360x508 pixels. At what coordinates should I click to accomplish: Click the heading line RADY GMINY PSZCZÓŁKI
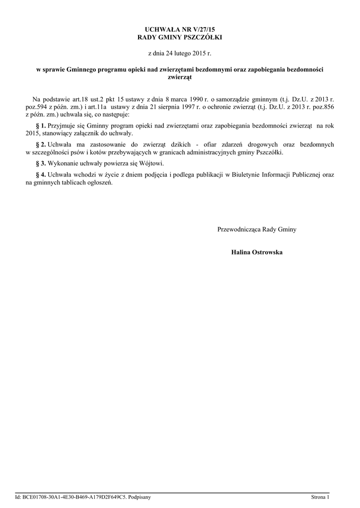point(180,37)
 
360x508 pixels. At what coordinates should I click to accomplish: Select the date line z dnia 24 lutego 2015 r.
point(180,52)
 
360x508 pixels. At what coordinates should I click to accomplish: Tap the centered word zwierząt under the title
point(180,77)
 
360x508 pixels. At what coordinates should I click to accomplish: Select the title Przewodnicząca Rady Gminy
point(257,229)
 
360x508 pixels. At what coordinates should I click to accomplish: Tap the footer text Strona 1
point(320,497)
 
